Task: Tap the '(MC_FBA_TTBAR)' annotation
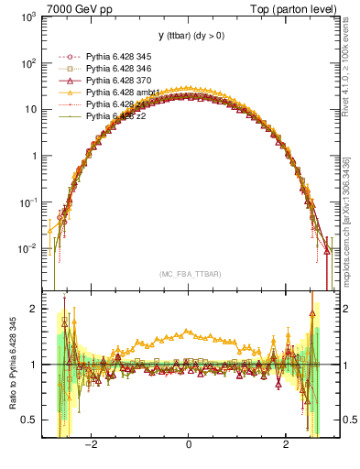point(189,273)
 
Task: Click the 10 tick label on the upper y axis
point(33,110)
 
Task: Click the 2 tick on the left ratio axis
point(35,309)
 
